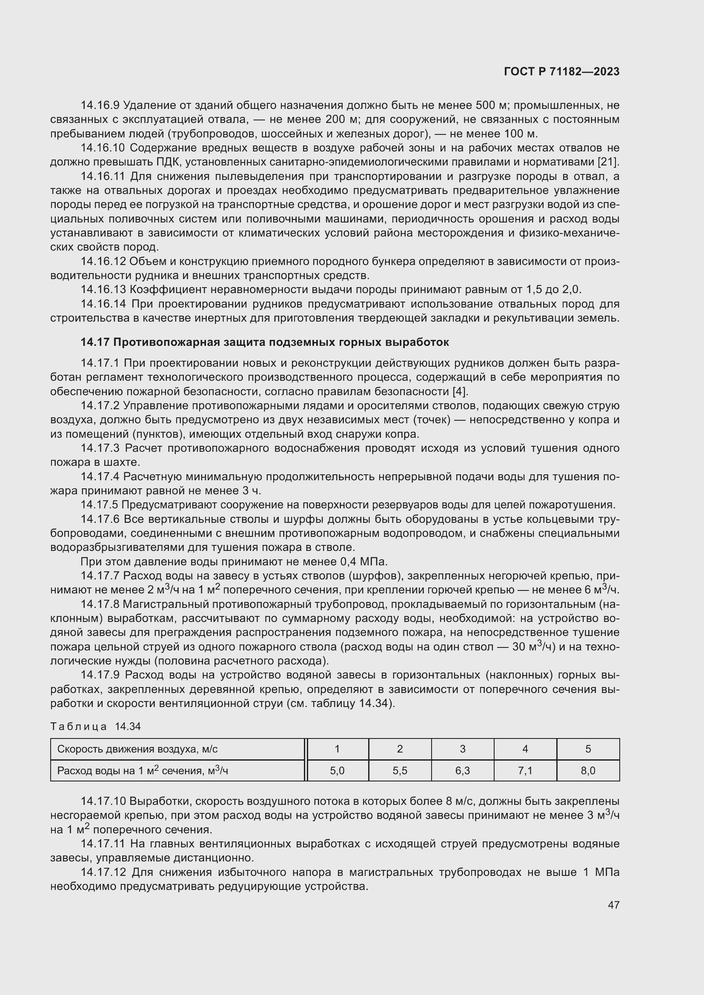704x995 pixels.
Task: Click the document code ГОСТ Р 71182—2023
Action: click(x=562, y=71)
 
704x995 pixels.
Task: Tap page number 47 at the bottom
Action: click(x=613, y=904)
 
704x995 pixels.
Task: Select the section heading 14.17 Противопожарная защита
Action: click(x=264, y=342)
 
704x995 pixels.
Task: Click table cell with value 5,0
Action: click(x=337, y=770)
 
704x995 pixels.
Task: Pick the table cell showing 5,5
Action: click(x=400, y=770)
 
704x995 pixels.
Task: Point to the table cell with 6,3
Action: click(x=463, y=770)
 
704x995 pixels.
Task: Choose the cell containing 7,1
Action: click(x=525, y=770)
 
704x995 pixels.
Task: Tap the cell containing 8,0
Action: click(x=588, y=770)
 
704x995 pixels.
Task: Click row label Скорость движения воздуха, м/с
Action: click(x=137, y=749)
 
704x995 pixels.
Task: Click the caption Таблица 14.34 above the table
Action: click(x=95, y=726)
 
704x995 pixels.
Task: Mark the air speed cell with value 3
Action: click(x=463, y=749)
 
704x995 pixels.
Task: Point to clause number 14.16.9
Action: click(x=100, y=105)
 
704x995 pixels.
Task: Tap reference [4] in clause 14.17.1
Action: click(x=460, y=391)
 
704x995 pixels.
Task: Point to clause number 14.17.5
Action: click(x=99, y=505)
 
